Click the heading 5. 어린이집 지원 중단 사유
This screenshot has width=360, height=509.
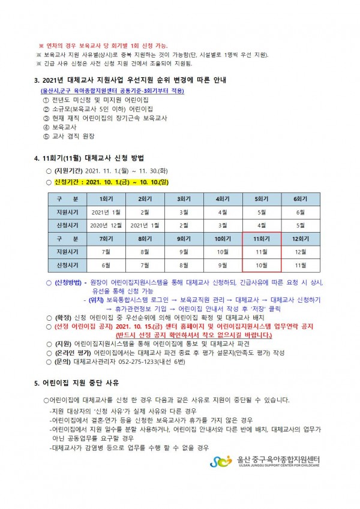(x=76, y=382)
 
